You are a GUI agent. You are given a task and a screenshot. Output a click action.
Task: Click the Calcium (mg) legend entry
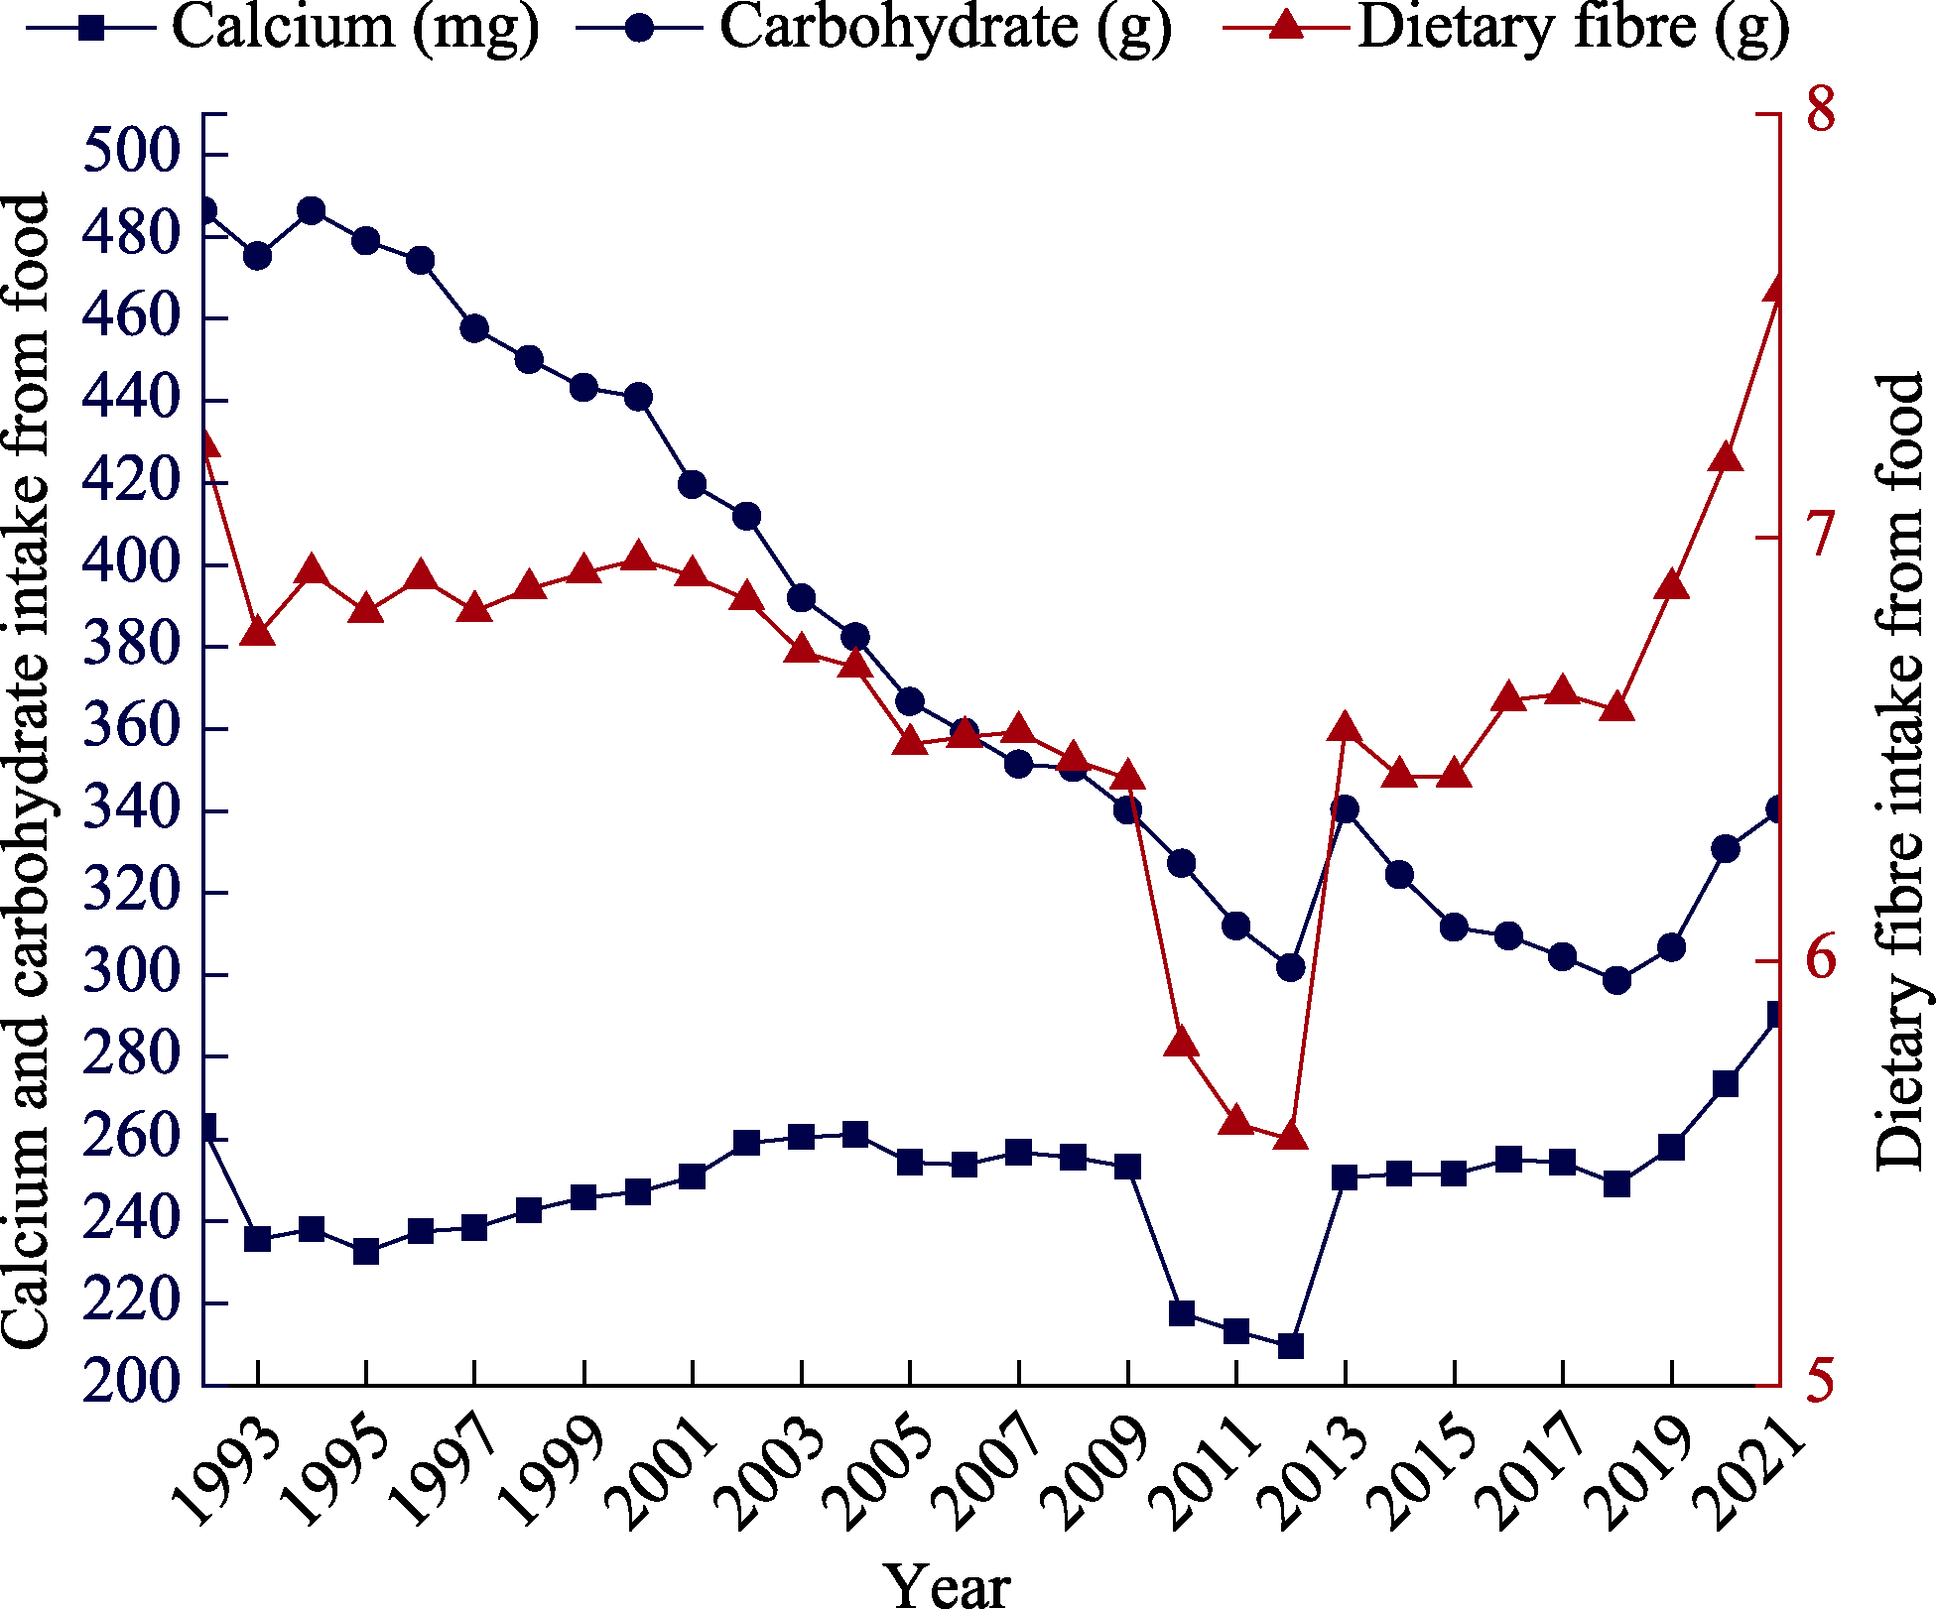tap(283, 28)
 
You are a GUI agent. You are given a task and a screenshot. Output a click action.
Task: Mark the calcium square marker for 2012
tap(1290, 1346)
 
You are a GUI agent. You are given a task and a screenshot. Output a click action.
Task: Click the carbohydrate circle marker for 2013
tap(1345, 809)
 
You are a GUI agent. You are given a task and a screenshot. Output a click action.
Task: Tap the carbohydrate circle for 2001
tap(693, 484)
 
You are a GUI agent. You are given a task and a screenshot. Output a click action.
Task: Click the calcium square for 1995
tap(366, 1252)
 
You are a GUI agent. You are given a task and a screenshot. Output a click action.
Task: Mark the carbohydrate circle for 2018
tap(1617, 980)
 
